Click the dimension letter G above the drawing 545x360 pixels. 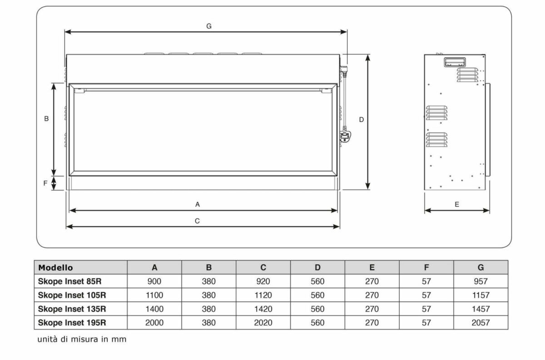click(209, 26)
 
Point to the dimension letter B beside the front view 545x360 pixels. click(46, 118)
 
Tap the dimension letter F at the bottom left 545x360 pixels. click(45, 183)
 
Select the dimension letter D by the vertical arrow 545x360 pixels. click(362, 120)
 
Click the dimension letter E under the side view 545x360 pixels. click(457, 204)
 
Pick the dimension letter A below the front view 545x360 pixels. click(198, 204)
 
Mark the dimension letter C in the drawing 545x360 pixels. click(197, 221)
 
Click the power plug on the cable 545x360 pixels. click(346, 137)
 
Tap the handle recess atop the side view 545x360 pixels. click(455, 62)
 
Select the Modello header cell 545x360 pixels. click(55, 267)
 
